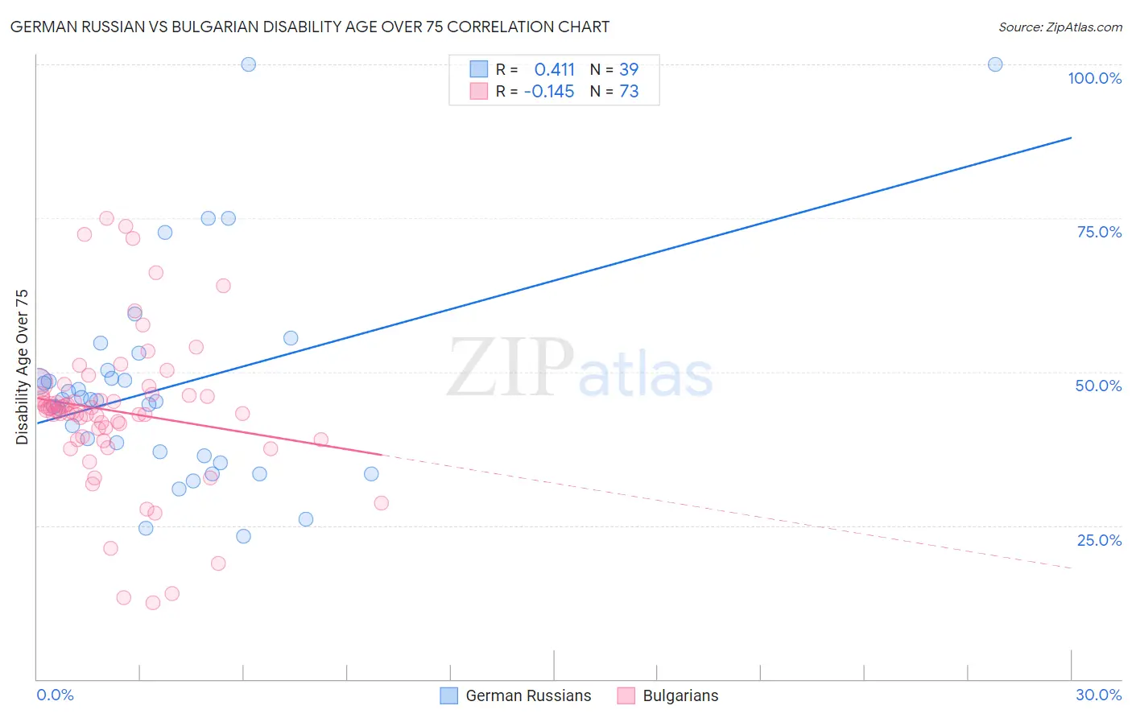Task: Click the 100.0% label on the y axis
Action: (x=1094, y=78)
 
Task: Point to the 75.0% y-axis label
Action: (x=1099, y=232)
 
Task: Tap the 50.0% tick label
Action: (x=1098, y=386)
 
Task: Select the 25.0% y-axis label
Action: (x=1099, y=540)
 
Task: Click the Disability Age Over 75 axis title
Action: (x=23, y=367)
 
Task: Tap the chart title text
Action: (x=310, y=27)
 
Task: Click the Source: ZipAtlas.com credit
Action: (x=1060, y=27)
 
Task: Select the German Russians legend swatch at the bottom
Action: (x=448, y=695)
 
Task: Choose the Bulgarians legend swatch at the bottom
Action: (x=626, y=695)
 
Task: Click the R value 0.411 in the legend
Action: (x=554, y=69)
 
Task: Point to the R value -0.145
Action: (x=548, y=92)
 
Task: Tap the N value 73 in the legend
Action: (x=629, y=92)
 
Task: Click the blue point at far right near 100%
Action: (x=995, y=64)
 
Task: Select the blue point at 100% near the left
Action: (x=249, y=64)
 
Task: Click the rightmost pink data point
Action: (x=382, y=503)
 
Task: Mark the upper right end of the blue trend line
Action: (x=1071, y=138)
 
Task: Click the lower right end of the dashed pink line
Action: (x=1071, y=568)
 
